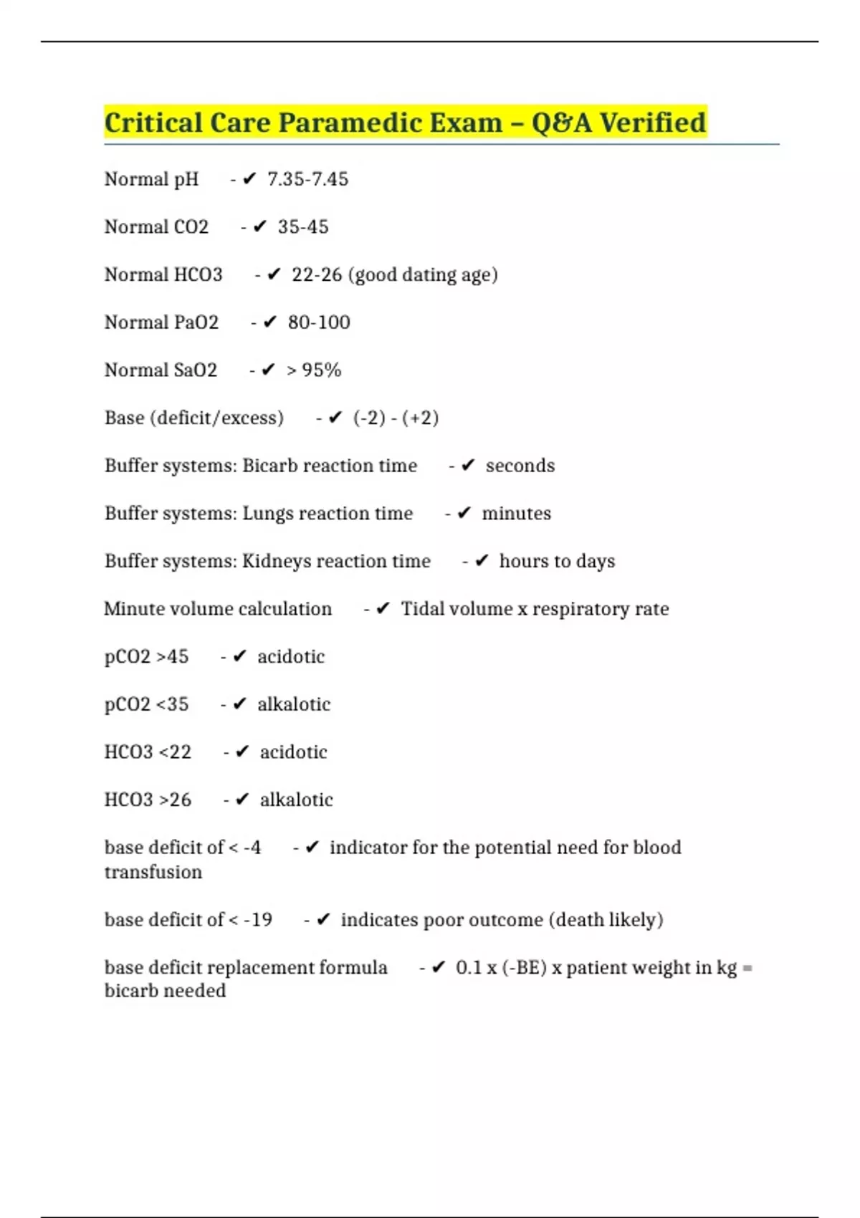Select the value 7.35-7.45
click(307, 179)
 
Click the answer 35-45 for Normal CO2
click(303, 227)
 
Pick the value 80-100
click(319, 322)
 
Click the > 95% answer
click(314, 370)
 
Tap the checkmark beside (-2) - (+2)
click(335, 418)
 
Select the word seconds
click(520, 466)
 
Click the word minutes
click(516, 514)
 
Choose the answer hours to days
click(557, 561)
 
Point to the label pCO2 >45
click(147, 657)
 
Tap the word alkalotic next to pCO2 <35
click(294, 704)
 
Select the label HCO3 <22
click(148, 752)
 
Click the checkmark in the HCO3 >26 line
click(242, 800)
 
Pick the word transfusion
click(153, 872)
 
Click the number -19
click(258, 920)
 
